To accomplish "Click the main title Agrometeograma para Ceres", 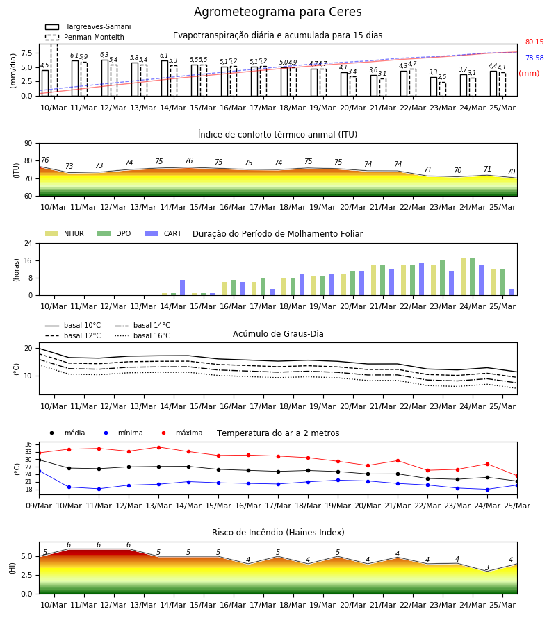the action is coord(277,12).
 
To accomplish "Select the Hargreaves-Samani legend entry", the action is coord(88,26).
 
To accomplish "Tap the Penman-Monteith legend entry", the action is coord(85,37).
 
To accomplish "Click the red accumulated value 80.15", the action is coord(534,42).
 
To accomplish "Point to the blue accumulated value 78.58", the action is coord(534,58).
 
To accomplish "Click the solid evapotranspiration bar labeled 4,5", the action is coord(45,83).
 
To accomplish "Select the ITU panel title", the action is coord(277,134).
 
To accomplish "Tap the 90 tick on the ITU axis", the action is coord(28,144).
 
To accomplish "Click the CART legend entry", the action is coord(163,233).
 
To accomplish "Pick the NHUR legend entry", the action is coord(65,233).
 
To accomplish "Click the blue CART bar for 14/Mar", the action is coord(182,287).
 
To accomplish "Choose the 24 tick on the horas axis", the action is coord(28,243).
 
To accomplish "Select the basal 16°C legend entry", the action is coord(142,335).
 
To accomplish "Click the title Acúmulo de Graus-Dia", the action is coord(278,333).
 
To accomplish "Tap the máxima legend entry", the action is coord(179,433).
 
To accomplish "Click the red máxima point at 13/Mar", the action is coord(158,447).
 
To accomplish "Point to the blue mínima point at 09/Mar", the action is coord(40,471).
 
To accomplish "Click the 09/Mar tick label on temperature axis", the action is coord(39,506).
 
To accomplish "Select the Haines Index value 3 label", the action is coord(487,567).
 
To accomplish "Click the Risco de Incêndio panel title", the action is coord(278,533).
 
